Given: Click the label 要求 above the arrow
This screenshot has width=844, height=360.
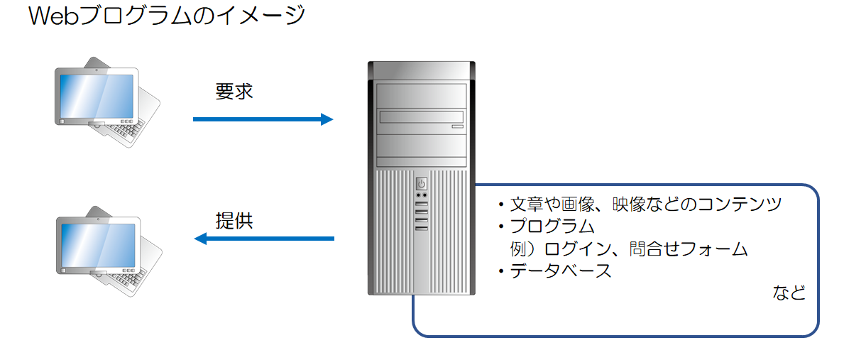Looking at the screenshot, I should pyautogui.click(x=234, y=92).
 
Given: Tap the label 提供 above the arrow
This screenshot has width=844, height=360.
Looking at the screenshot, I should pyautogui.click(x=234, y=220).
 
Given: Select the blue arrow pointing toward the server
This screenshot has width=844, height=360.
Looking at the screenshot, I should pyautogui.click(x=263, y=119).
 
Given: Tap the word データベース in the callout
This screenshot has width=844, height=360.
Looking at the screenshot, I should pyautogui.click(x=561, y=271).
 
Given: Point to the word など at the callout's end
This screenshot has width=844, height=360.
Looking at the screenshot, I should pyautogui.click(x=789, y=293).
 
